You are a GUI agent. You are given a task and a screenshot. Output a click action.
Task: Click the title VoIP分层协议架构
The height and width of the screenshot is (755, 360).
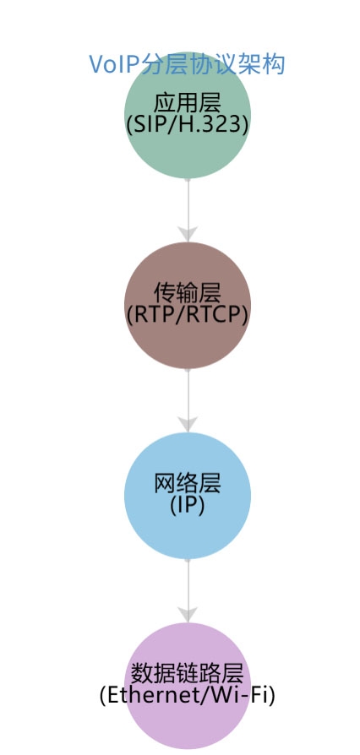click(187, 64)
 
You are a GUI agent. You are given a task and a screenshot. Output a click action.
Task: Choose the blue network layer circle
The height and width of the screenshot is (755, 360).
click(188, 532)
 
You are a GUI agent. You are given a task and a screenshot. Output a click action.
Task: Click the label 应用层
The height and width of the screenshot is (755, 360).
click(188, 104)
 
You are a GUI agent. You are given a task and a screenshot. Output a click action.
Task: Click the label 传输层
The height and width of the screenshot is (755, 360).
click(188, 293)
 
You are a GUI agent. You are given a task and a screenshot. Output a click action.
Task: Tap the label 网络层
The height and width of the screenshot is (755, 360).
click(188, 484)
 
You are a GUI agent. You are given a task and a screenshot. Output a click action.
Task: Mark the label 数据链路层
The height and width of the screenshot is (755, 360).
click(188, 674)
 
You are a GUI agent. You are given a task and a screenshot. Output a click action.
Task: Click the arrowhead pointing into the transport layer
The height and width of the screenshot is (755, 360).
click(188, 233)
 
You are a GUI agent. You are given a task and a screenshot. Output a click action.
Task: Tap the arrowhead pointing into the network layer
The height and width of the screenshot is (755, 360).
click(188, 423)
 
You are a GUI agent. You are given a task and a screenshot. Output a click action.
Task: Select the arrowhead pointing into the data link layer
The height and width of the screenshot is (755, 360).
click(188, 613)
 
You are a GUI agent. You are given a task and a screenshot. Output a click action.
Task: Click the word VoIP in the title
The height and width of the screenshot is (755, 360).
click(110, 64)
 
